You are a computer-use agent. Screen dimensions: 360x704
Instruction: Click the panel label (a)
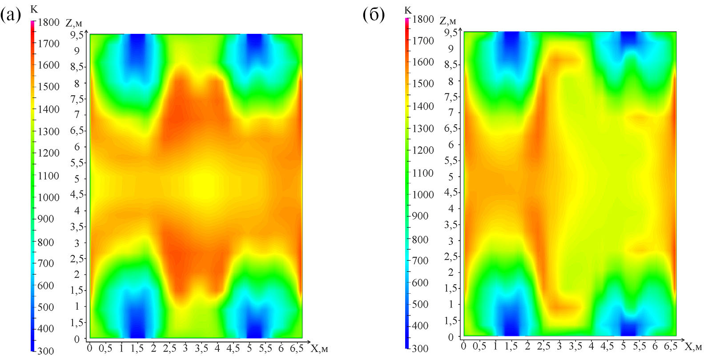click(10, 16)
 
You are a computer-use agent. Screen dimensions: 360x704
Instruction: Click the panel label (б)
click(374, 15)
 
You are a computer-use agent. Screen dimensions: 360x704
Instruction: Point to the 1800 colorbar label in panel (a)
click(48, 22)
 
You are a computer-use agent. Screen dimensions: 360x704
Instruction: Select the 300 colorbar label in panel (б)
click(420, 348)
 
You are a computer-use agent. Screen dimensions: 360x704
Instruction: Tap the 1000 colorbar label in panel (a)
click(48, 197)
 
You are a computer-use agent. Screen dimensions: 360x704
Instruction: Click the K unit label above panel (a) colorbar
click(34, 9)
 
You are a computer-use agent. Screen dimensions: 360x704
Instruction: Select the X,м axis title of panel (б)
click(693, 347)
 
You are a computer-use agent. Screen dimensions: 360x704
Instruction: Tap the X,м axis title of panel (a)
click(319, 349)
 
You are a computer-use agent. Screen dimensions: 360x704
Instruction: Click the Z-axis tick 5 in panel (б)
click(451, 177)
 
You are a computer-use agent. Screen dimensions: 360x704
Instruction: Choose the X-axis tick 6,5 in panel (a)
click(296, 348)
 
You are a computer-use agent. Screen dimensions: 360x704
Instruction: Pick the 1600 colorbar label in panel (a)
click(48, 65)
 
